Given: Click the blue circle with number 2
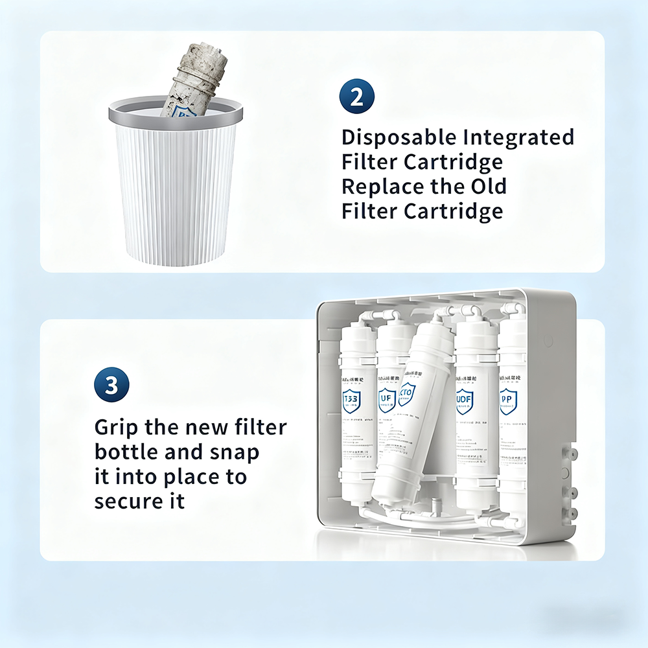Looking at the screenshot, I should point(356,97).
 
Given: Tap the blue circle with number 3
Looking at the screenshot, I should point(111,386).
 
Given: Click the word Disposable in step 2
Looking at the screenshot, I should point(399,138).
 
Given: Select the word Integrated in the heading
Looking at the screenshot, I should point(519,138).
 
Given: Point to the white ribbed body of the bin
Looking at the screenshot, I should point(175,194).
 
